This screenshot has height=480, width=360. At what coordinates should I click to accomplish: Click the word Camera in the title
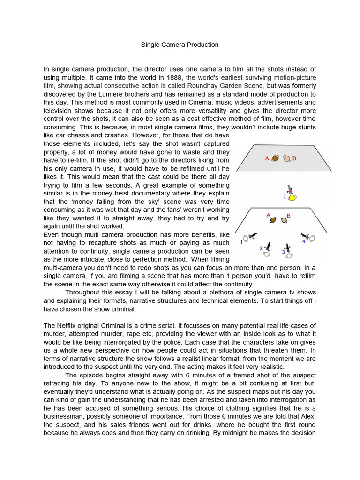coord(172,45)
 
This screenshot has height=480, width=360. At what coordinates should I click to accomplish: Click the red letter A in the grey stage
coord(267,158)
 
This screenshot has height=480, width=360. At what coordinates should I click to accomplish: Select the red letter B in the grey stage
coord(294,158)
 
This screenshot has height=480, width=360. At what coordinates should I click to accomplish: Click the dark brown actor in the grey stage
coord(275,158)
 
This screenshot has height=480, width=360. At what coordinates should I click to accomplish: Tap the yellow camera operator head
coord(292,198)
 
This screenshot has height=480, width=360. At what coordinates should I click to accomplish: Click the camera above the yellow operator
coord(292,189)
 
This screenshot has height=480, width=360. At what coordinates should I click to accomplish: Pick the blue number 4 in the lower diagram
coord(304,241)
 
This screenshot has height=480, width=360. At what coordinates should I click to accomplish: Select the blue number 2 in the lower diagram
coord(261,248)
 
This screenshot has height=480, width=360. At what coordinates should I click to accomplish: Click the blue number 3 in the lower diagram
coord(283,252)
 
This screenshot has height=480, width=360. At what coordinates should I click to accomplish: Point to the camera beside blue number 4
coord(307,236)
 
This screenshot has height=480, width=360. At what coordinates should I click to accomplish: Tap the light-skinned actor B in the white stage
coord(284,220)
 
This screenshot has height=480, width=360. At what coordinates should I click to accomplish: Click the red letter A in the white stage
coord(269,215)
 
